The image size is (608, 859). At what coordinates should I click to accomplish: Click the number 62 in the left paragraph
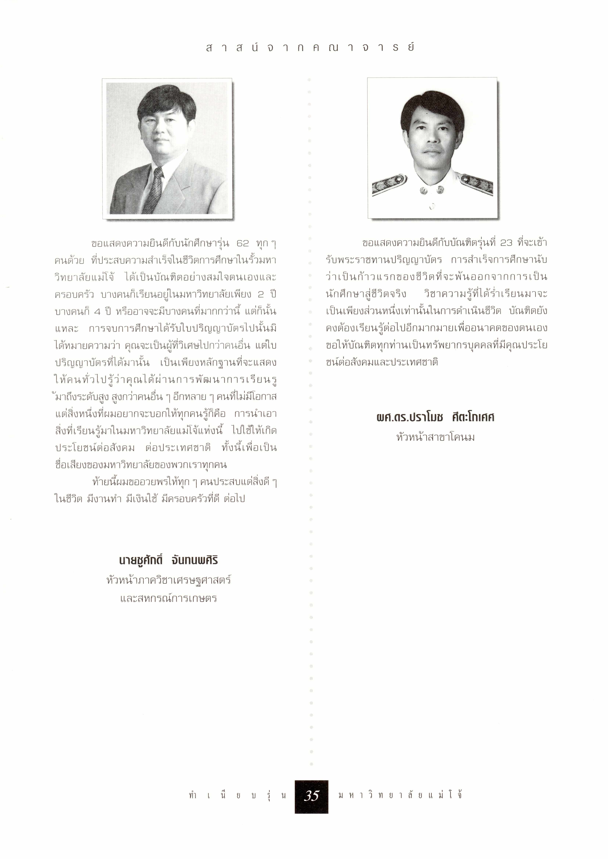pyautogui.click(x=243, y=244)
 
